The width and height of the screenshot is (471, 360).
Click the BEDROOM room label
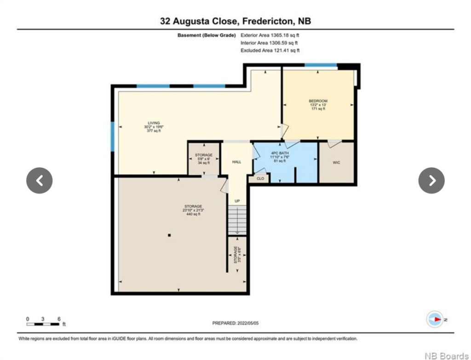click(318, 101)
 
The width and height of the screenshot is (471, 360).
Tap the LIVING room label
click(154, 123)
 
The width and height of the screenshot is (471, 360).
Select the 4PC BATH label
click(280, 153)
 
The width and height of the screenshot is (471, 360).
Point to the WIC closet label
click(336, 162)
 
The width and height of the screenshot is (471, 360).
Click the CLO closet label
click(260, 179)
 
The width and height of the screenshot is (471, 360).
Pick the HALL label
click(237, 162)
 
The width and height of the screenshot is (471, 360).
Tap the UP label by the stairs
click(237, 201)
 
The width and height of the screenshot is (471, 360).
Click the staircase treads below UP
click(237, 220)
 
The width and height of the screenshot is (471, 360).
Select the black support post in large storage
click(169, 235)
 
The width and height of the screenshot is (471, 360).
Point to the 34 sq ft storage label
click(204, 163)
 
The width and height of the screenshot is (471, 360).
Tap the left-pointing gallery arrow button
click(40, 180)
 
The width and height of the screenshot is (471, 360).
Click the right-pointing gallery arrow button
click(431, 180)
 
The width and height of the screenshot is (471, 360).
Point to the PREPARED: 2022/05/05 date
click(235, 323)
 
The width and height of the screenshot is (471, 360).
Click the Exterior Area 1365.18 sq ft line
click(270, 35)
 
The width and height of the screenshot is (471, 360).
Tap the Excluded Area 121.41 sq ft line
click(270, 51)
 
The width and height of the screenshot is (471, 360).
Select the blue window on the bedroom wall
click(321, 65)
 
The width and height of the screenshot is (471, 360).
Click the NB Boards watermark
click(446, 356)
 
